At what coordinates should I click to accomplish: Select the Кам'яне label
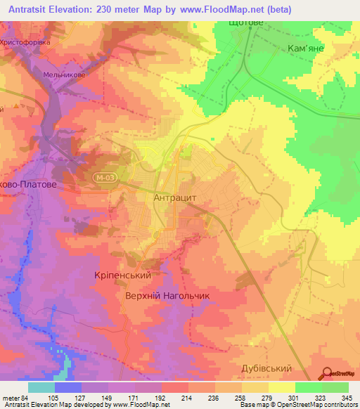click(307, 48)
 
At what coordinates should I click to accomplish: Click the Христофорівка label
click(32, 42)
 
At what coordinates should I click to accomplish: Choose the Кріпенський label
click(123, 275)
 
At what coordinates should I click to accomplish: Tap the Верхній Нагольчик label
click(167, 296)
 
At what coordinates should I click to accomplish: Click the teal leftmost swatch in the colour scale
click(41, 387)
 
